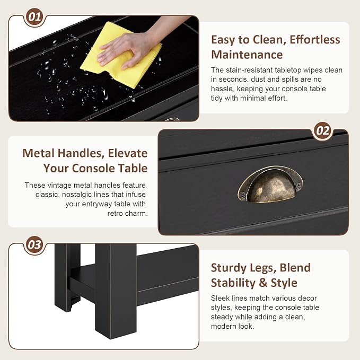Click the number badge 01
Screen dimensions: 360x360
[x=34, y=17]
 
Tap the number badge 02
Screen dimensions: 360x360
[x=323, y=131]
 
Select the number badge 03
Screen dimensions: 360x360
[x=34, y=245]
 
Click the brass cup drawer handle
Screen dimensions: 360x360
[x=270, y=185]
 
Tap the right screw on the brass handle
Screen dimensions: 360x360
[x=298, y=185]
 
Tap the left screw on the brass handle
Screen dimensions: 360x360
[x=243, y=196]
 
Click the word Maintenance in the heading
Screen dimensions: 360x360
[x=247, y=55]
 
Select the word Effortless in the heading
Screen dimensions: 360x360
[x=315, y=40]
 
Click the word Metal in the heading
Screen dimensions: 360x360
[x=38, y=153]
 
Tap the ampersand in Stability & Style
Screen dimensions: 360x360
[x=263, y=283]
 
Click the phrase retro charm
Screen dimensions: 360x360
[x=127, y=214]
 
